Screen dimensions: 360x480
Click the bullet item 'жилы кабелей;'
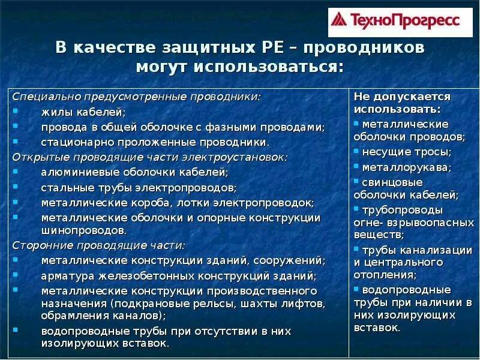[83, 112]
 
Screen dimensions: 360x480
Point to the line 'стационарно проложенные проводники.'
[155, 142]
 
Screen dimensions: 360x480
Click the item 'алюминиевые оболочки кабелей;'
[134, 172]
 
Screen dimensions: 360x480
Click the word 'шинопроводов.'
[84, 230]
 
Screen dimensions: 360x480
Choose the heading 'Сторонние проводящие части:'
[99, 245]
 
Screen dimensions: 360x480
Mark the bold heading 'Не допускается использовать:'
[402, 103]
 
